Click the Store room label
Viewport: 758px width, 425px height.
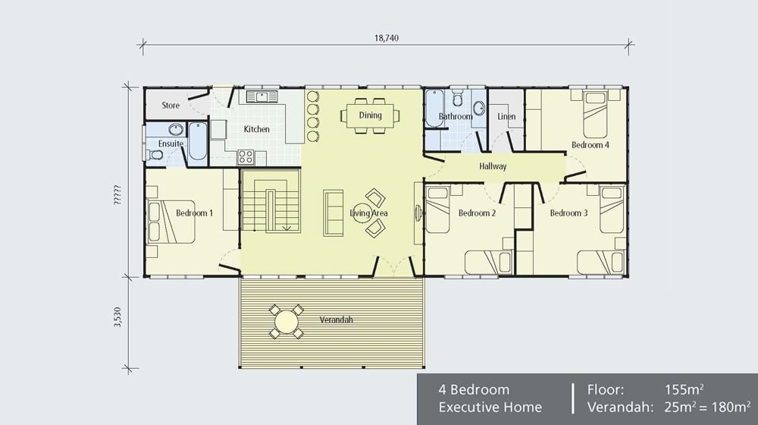[171, 105]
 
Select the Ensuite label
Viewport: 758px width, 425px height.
[171, 143]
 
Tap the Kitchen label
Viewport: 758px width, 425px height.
[256, 129]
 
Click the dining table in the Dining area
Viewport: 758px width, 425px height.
[371, 115]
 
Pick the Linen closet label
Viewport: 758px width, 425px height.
[506, 117]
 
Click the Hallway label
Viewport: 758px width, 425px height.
[493, 166]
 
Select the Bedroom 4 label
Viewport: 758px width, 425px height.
[590, 145]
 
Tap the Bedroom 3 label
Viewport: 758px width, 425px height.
[568, 213]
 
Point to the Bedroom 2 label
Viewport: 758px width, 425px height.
[477, 213]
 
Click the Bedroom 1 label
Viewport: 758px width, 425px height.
[194, 213]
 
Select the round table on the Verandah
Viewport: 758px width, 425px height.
[287, 322]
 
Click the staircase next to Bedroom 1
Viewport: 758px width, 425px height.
[271, 203]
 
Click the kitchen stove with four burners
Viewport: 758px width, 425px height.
[246, 157]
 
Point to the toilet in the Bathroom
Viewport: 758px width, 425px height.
[458, 99]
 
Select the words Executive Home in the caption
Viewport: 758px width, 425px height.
[490, 408]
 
